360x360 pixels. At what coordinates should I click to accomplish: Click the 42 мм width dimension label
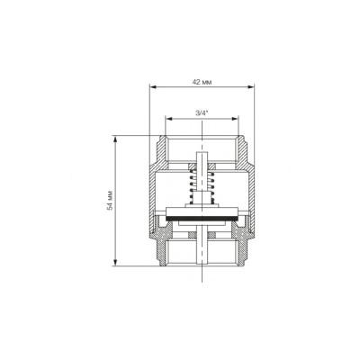(x=202, y=82)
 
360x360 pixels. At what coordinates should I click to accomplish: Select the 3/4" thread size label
(x=202, y=113)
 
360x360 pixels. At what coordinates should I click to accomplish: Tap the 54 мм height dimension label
(x=111, y=200)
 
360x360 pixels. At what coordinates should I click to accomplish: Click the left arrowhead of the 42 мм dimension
(x=153, y=87)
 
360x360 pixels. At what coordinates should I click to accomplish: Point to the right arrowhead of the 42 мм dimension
(x=251, y=87)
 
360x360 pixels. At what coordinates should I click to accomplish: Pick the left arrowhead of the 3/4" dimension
(x=169, y=119)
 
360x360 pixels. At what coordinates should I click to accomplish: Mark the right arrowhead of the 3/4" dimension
(x=235, y=119)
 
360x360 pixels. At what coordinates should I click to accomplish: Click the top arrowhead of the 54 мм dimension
(x=115, y=139)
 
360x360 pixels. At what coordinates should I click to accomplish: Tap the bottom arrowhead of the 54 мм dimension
(x=115, y=262)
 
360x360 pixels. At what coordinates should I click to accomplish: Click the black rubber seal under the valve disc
(x=202, y=218)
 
